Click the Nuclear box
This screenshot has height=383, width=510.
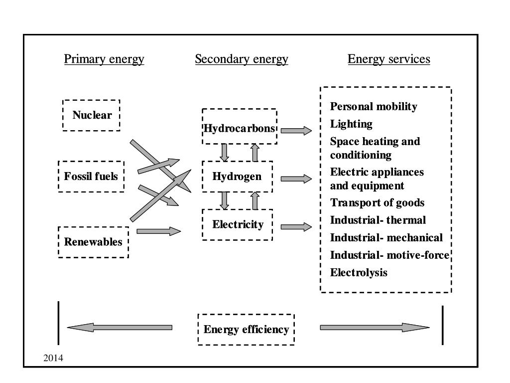tap(91, 115)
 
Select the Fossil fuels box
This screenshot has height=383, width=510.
tap(91, 177)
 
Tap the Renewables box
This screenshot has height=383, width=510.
tap(93, 242)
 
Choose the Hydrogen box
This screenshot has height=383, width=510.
tap(237, 177)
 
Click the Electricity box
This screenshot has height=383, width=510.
tap(238, 224)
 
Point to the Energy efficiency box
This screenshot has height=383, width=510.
tap(246, 330)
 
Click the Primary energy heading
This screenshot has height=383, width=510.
tap(104, 59)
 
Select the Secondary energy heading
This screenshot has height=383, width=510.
tap(242, 59)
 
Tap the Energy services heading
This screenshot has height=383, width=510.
tap(388, 59)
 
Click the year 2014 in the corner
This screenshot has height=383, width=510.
tap(54, 358)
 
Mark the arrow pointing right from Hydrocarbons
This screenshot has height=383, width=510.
tap(296, 131)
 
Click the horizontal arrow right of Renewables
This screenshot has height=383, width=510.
tap(158, 231)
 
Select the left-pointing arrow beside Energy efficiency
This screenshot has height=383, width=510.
tap(120, 328)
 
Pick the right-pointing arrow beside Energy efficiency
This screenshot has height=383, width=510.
tap(374, 328)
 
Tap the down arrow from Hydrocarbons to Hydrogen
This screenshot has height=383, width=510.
tap(225, 152)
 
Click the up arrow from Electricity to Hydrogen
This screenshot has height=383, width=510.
tap(255, 200)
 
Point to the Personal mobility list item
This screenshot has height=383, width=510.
tap(374, 106)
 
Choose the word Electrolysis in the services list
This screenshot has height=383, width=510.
tap(359, 272)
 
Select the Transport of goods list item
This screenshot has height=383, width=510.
tap(377, 202)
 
